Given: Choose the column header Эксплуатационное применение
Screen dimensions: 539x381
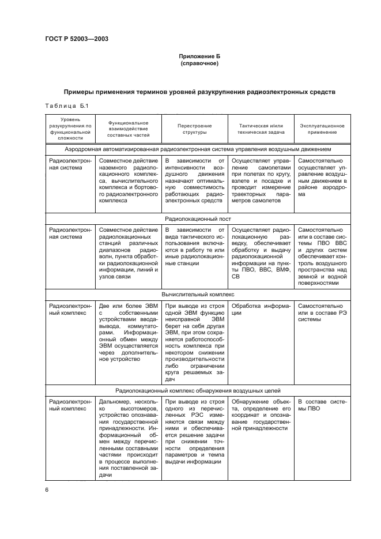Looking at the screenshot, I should [322, 128].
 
